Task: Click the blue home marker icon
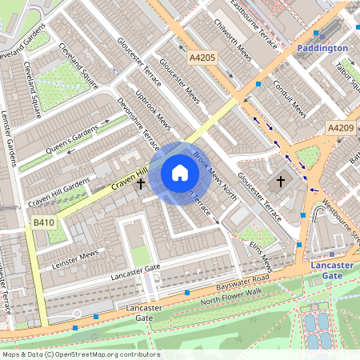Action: pyautogui.click(x=180, y=173)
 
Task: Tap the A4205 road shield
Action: pyautogui.click(x=203, y=58)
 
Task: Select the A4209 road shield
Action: pyautogui.click(x=340, y=127)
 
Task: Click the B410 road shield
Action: pyautogui.click(x=43, y=222)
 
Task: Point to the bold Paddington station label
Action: pyautogui.click(x=322, y=48)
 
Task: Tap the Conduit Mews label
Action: pyautogui.click(x=290, y=98)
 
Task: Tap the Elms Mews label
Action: pyautogui.click(x=260, y=255)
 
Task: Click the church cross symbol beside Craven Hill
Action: pyautogui.click(x=141, y=184)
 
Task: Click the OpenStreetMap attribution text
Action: pyautogui.click(x=81, y=354)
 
